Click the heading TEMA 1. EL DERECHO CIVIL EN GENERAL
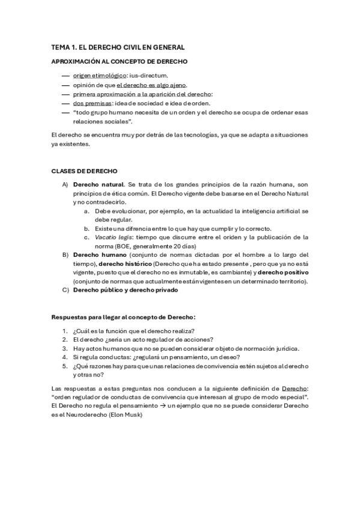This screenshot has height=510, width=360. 118,47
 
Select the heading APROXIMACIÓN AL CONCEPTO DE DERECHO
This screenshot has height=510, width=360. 120,61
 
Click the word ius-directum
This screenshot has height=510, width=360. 149,76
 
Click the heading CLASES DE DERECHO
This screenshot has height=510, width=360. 84,171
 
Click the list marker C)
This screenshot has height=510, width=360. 66,290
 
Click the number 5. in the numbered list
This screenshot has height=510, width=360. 65,366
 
